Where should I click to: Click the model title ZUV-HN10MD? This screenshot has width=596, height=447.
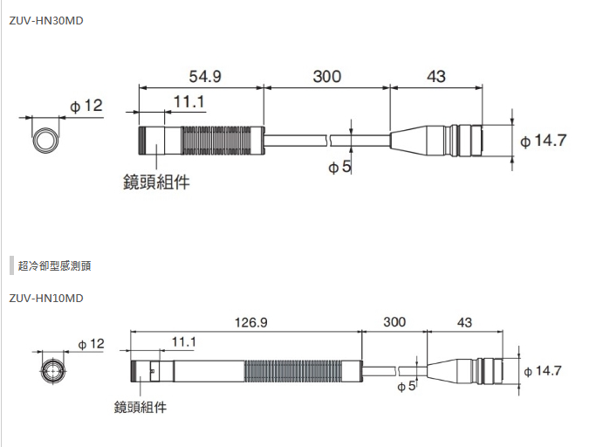pos(47,299)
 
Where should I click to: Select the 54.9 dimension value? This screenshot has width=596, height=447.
pos(204,77)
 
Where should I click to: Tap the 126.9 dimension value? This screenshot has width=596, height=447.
pos(251,322)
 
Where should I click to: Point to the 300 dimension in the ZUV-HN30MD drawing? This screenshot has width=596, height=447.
pos(326,77)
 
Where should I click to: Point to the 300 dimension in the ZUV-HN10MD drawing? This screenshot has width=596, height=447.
pos(394,322)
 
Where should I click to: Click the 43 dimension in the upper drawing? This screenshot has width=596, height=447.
pos(436,77)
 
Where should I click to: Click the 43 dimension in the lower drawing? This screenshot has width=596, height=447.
pos(464,322)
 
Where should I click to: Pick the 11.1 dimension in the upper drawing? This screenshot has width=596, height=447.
pos(188,102)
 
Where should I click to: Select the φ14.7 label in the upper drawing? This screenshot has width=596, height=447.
pos(544,141)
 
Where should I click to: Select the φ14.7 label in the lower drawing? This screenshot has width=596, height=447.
pos(542,371)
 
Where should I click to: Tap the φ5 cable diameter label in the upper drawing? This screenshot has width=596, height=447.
pos(339,167)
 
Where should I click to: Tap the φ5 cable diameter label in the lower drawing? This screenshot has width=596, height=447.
pos(407,386)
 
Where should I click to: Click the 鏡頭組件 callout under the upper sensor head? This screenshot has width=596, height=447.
pos(156,182)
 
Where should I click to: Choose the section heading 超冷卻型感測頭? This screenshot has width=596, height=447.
pos(54,265)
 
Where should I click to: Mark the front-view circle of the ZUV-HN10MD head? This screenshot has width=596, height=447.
pos(55,370)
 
